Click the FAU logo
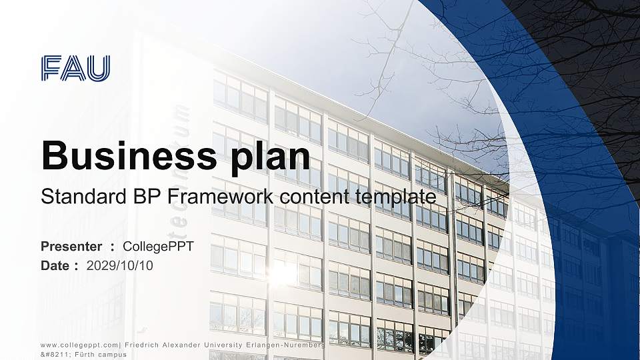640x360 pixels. point(75,69)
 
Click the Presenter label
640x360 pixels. point(71,247)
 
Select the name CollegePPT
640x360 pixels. point(163,247)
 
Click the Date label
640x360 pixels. point(55,265)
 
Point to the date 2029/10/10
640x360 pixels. point(120,265)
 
